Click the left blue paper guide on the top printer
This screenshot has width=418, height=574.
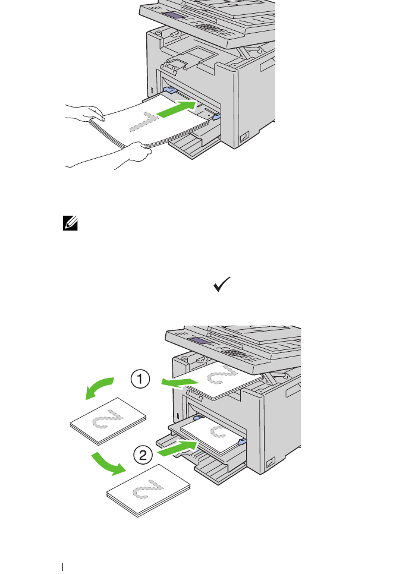[x=168, y=90]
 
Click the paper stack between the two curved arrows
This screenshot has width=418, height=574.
[x=108, y=418]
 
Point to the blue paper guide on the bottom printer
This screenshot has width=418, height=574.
[x=241, y=441]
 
